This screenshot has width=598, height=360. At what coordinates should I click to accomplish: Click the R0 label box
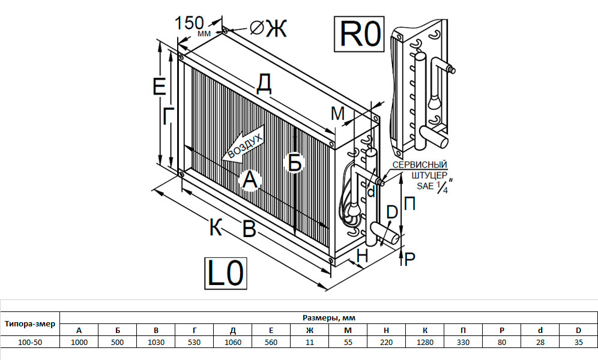click(x=359, y=34)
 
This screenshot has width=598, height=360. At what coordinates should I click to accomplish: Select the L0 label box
click(x=226, y=273)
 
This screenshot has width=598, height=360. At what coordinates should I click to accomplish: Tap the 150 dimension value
click(x=189, y=23)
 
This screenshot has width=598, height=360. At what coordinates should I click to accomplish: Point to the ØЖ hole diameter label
click(x=268, y=28)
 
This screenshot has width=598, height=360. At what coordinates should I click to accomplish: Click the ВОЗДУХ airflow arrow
click(x=243, y=147)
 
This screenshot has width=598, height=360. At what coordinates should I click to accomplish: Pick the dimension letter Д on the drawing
click(x=264, y=84)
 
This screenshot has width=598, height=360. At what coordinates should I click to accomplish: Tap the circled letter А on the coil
click(x=250, y=179)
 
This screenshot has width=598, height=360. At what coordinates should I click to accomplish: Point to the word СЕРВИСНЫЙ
click(x=420, y=165)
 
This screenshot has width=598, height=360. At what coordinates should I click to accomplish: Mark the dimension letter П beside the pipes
click(x=409, y=204)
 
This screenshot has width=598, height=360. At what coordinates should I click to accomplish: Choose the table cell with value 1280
click(x=425, y=342)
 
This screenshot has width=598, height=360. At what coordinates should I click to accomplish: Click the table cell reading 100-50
click(x=30, y=342)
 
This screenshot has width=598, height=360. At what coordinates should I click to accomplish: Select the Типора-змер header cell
click(x=30, y=324)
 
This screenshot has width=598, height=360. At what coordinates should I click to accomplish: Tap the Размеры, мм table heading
click(x=329, y=318)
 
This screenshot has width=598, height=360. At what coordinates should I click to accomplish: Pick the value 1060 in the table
click(x=232, y=342)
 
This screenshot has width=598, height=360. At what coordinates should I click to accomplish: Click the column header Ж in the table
click(x=310, y=330)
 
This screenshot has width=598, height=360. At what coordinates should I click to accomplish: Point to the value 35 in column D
click(x=579, y=342)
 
